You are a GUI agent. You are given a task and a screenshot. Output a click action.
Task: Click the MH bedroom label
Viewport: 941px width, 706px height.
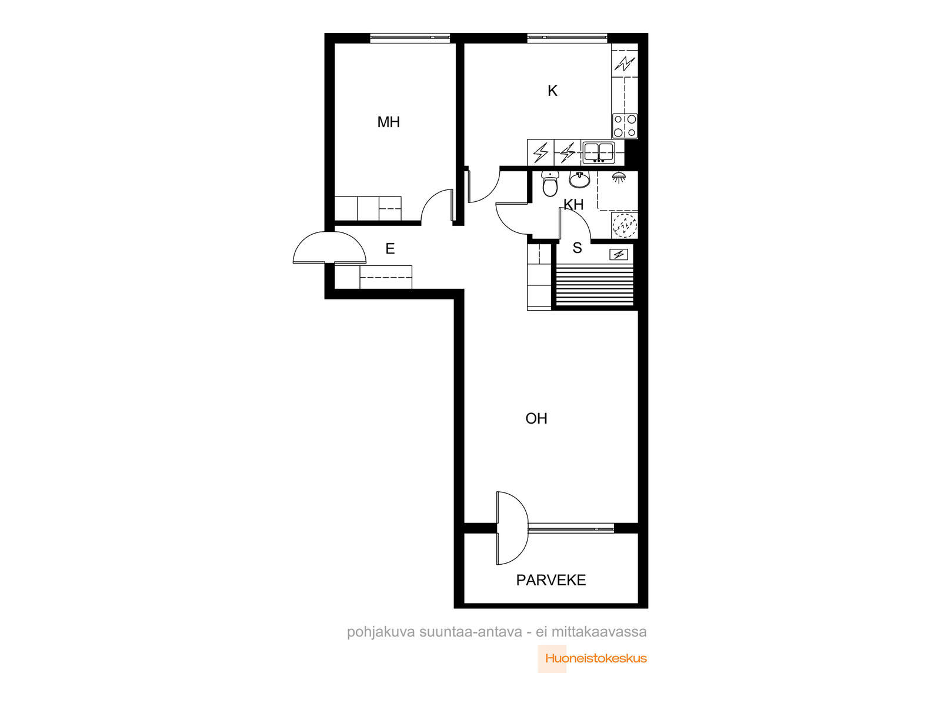(x=388, y=122)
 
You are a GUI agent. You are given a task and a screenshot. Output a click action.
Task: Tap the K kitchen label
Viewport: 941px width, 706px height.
(x=552, y=91)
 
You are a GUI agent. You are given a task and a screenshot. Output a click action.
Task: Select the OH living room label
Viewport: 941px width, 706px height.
(x=536, y=418)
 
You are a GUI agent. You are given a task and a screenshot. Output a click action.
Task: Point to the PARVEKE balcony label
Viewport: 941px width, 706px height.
(x=550, y=580)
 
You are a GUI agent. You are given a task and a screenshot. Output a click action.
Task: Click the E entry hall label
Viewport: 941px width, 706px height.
(x=390, y=249)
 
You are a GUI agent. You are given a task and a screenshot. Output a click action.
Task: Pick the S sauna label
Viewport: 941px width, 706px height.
(x=577, y=248)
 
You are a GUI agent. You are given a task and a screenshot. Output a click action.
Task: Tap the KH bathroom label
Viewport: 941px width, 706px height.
(x=573, y=205)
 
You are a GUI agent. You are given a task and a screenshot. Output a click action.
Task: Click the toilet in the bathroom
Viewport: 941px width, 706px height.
(x=549, y=184)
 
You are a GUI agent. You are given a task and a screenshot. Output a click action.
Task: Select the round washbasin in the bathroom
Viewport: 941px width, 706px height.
(x=579, y=179)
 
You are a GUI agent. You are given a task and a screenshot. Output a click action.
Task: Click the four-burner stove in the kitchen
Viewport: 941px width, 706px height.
(x=624, y=126)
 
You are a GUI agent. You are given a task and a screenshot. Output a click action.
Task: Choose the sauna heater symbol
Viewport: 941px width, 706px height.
(x=618, y=255)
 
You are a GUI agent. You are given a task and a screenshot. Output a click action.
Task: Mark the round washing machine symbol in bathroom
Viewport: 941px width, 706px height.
(x=624, y=225)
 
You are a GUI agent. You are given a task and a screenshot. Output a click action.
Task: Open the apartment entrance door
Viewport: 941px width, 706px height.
(x=329, y=247)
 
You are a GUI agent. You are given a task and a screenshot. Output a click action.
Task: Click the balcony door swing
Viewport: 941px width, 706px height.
(x=512, y=528)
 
